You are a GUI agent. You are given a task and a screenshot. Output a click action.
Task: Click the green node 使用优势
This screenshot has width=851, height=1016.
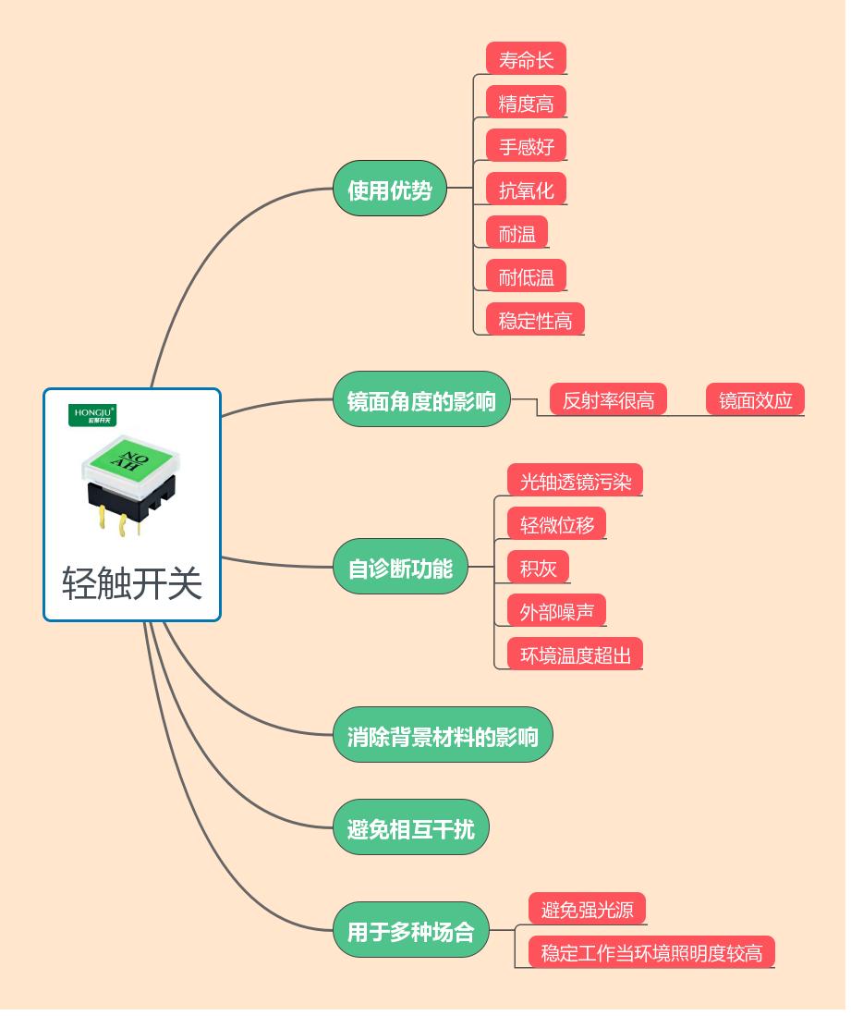389,190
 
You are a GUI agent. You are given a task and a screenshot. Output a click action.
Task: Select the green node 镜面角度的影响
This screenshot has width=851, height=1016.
421,400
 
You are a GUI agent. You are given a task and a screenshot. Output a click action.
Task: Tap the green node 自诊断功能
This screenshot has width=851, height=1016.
400,567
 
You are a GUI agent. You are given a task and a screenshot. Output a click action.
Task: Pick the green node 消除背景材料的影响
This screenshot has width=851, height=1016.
442,736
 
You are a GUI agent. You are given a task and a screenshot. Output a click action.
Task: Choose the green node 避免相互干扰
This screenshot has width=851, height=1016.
410,828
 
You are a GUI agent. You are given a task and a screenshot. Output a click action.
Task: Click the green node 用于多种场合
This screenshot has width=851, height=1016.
410,930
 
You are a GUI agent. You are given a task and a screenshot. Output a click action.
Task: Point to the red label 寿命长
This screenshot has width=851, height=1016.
526,59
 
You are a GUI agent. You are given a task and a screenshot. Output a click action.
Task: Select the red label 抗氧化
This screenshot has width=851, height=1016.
526,190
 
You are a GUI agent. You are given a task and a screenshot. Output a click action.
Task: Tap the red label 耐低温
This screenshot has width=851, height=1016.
526,276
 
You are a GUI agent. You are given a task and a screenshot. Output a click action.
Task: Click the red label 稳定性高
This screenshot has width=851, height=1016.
535,320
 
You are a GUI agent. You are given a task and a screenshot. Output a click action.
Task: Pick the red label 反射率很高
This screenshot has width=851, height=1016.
608,399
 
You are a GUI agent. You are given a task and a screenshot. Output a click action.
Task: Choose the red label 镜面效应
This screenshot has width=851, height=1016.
755,399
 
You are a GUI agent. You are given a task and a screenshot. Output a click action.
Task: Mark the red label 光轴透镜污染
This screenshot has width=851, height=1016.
575,481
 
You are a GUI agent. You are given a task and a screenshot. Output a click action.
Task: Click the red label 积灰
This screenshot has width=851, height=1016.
538,568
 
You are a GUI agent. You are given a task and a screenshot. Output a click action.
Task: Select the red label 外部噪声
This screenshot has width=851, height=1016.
556,611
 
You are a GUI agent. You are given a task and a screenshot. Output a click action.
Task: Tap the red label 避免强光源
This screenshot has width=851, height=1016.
587,909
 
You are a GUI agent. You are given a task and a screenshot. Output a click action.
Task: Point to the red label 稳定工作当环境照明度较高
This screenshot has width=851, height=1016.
651,952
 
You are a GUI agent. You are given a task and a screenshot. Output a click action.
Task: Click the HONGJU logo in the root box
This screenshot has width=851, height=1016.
93,415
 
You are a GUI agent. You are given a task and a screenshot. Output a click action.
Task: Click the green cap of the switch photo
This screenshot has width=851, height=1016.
129,459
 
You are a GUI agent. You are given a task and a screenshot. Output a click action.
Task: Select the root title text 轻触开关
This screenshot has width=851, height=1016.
132,583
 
